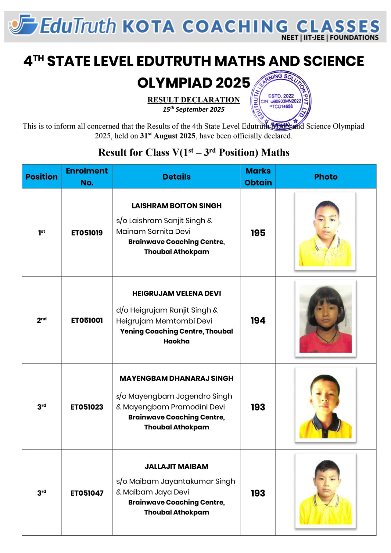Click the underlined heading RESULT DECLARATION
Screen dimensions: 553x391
(x=194, y=100)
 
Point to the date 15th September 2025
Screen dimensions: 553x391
(x=194, y=110)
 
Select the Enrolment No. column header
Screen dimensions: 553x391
(x=87, y=177)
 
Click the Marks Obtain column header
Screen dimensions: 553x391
(x=258, y=177)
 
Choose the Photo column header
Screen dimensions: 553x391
(x=326, y=177)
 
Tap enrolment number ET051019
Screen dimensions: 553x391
(x=87, y=233)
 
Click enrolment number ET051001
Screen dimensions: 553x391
(x=87, y=320)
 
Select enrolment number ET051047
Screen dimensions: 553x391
(x=87, y=493)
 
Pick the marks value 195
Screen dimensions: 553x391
(x=258, y=233)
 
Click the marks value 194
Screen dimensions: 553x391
(x=258, y=320)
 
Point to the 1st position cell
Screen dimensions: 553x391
(x=41, y=233)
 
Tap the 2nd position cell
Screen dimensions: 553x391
(x=41, y=320)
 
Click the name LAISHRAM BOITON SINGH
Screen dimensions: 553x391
(x=176, y=206)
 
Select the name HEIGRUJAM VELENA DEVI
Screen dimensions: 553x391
(x=176, y=293)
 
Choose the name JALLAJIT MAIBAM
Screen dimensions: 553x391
(x=176, y=467)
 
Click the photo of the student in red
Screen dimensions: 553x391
(x=325, y=319)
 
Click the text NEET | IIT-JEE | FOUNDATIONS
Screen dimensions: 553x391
(x=330, y=38)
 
